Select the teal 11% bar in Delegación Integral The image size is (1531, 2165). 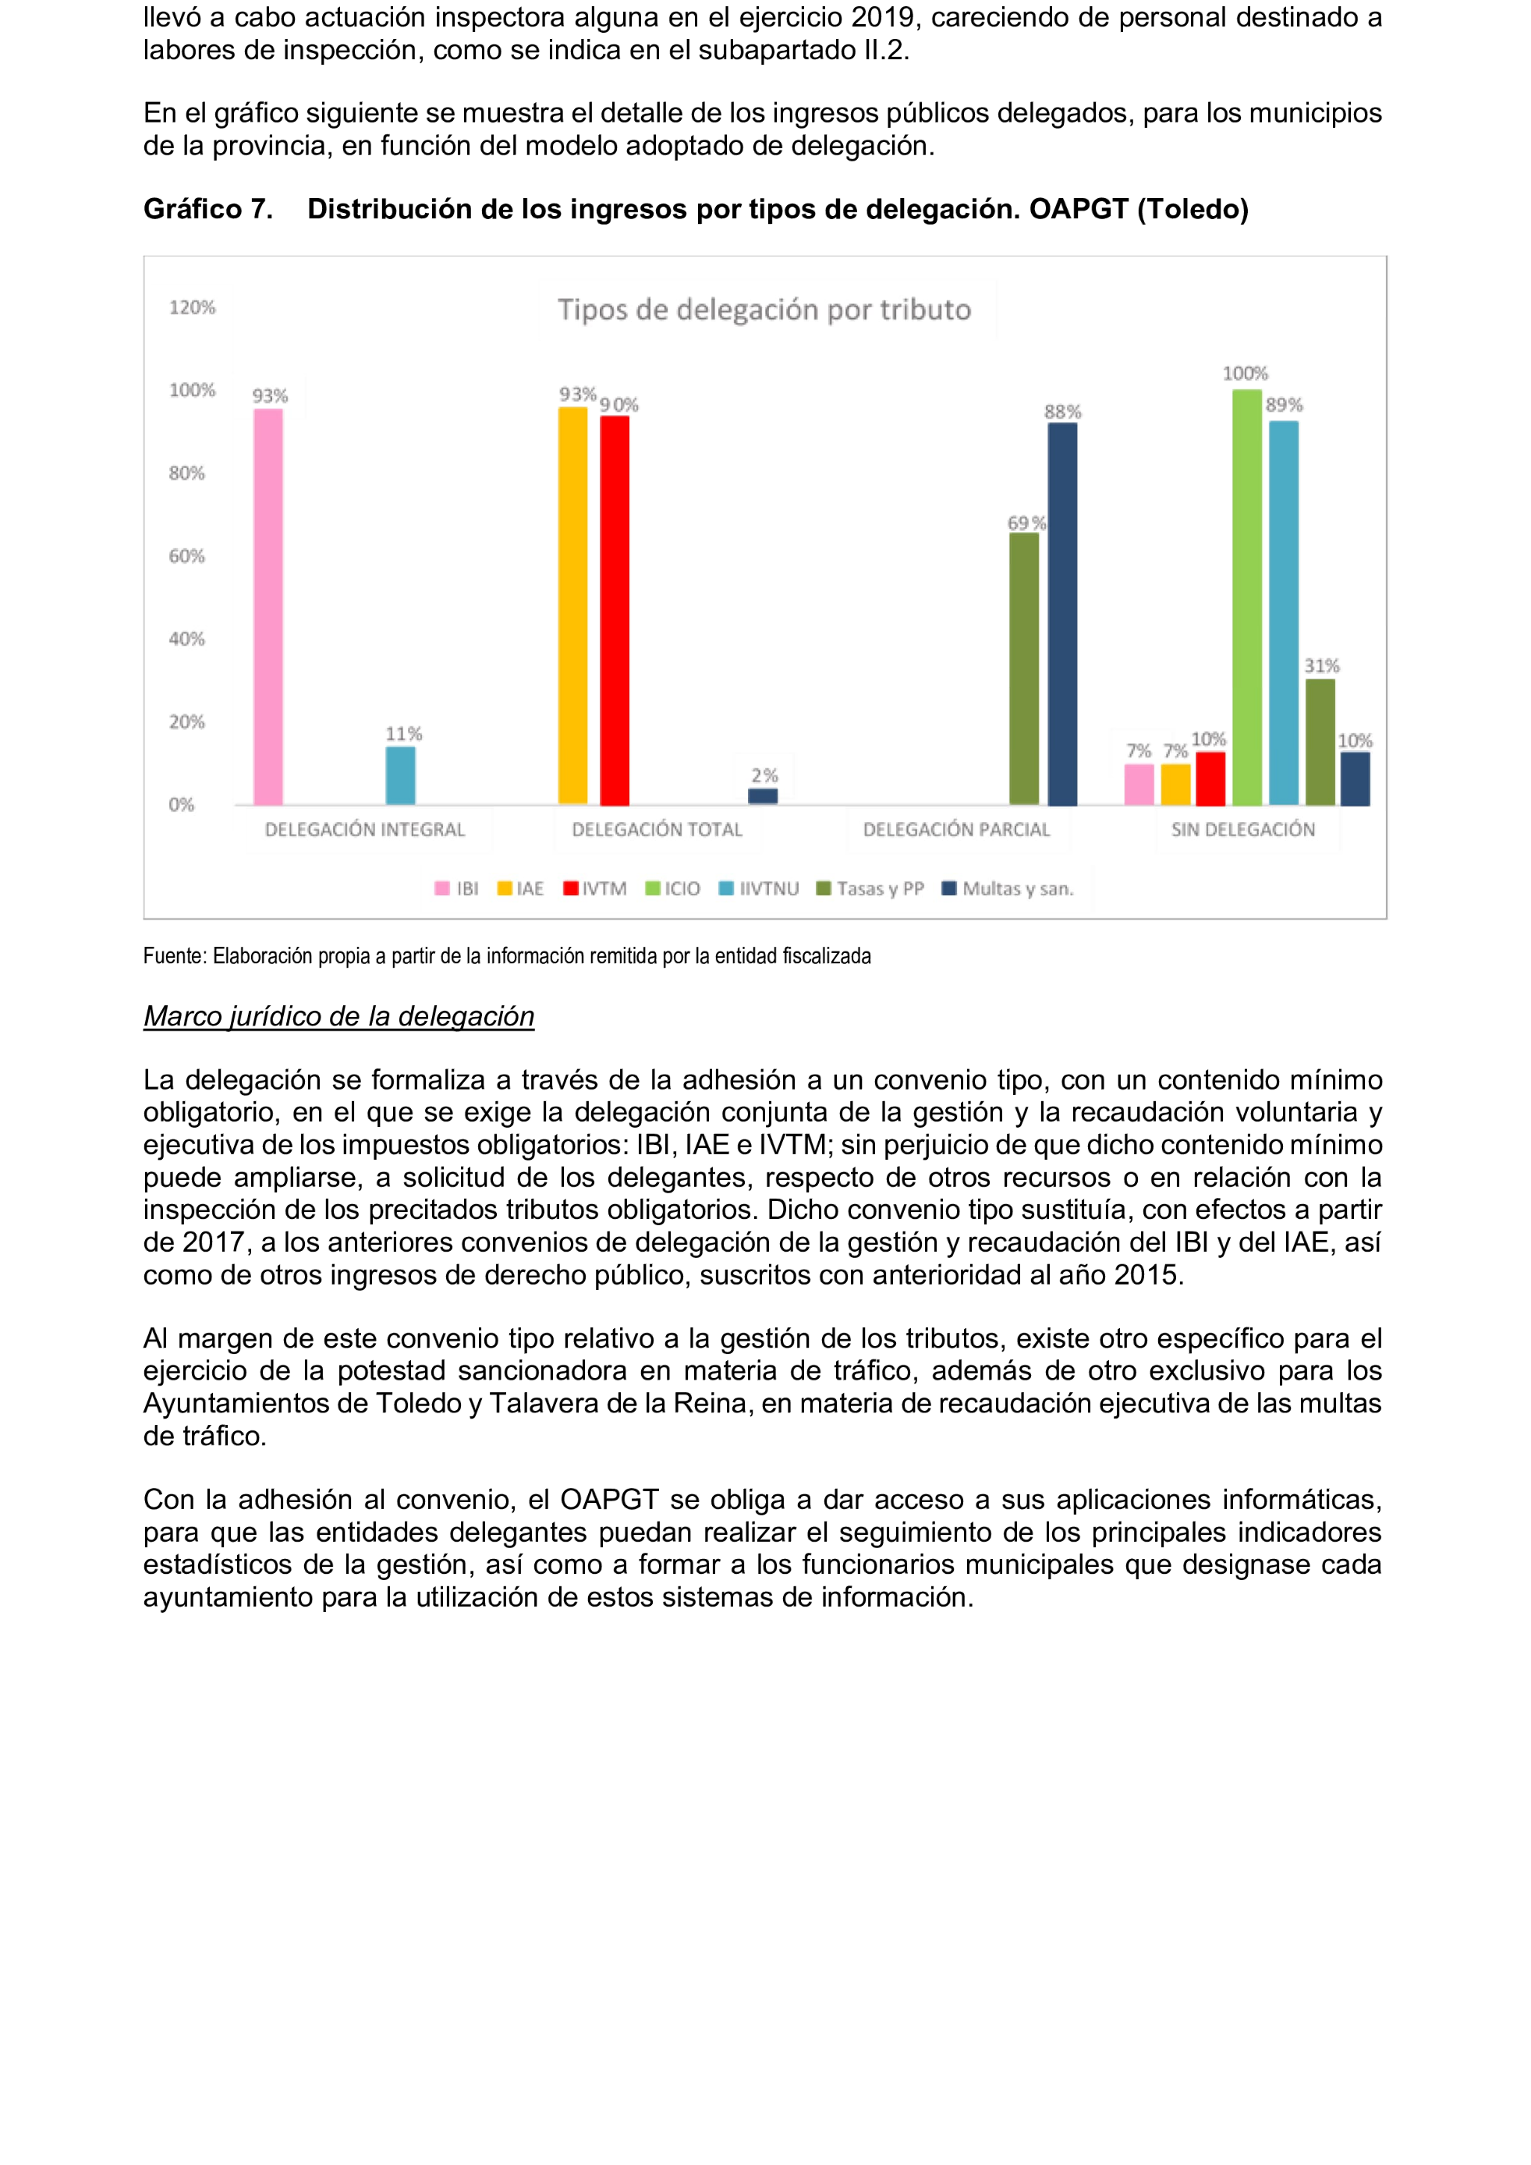point(400,775)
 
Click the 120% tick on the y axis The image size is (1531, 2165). point(193,307)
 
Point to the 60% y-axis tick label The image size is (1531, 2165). point(186,556)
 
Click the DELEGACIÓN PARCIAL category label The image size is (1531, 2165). point(956,830)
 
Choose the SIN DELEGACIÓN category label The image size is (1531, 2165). point(1242,830)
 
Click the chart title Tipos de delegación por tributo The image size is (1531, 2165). point(764,310)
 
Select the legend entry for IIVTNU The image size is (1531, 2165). point(760,888)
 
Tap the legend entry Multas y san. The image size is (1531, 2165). point(1008,888)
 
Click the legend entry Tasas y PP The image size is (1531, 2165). point(871,888)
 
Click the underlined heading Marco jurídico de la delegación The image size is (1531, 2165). point(338,1015)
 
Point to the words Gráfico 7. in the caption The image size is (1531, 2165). point(208,208)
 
